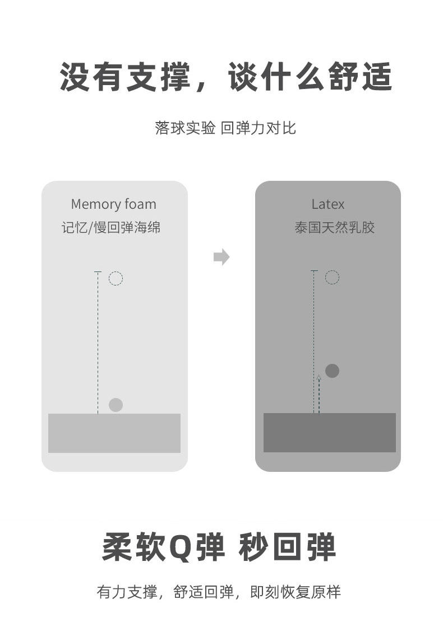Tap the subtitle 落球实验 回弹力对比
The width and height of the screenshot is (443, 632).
(x=225, y=128)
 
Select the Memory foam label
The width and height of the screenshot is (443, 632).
(x=113, y=204)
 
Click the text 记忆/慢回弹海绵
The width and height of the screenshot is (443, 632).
(x=111, y=228)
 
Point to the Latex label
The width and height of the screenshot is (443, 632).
(x=327, y=204)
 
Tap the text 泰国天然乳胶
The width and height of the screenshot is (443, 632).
(x=334, y=228)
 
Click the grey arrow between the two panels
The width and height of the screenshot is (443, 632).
(x=221, y=257)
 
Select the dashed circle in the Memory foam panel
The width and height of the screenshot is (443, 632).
(x=116, y=278)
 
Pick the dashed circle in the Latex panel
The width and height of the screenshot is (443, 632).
(x=332, y=277)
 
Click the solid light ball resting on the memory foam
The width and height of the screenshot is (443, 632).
(x=116, y=405)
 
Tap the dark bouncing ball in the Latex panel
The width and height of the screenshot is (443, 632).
(x=332, y=371)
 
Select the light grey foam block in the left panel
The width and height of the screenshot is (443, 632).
(x=114, y=433)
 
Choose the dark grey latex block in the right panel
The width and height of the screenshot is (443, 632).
(x=330, y=433)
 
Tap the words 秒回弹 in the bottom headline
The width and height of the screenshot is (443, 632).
(x=287, y=547)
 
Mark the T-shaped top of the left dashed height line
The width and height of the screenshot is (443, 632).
(x=98, y=272)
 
